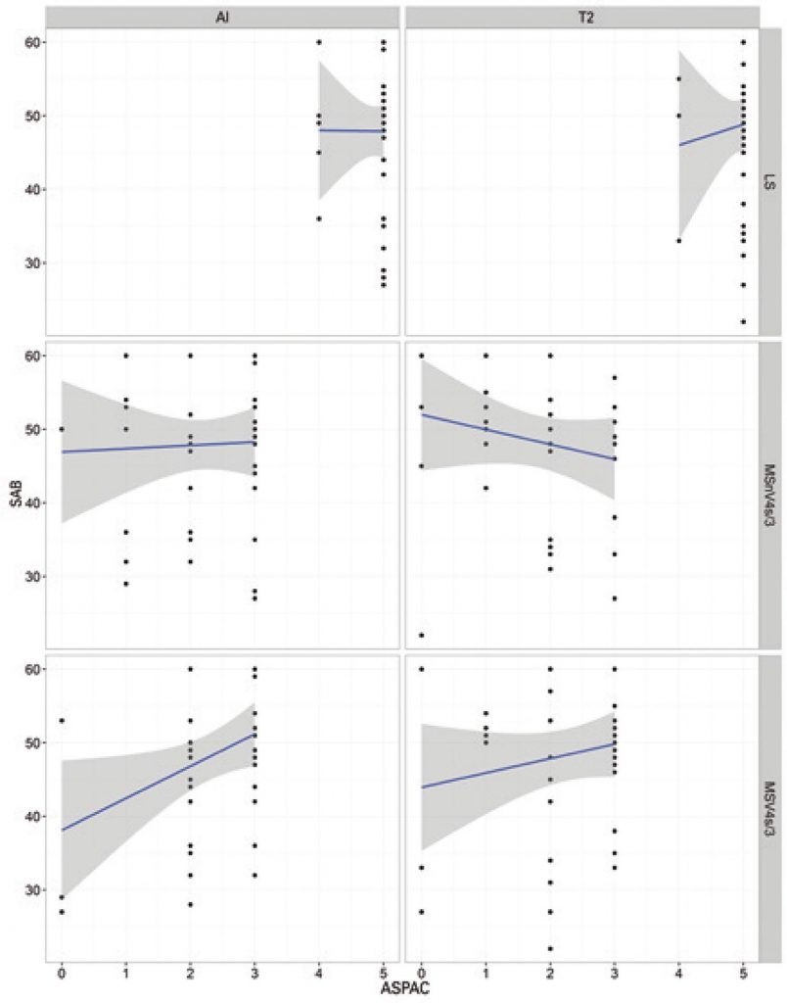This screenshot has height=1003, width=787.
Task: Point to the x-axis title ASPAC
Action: click(x=402, y=991)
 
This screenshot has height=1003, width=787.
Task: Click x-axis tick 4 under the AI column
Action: click(x=318, y=973)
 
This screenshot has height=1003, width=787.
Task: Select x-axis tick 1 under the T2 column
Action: click(x=486, y=973)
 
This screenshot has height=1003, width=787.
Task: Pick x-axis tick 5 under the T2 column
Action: click(x=743, y=973)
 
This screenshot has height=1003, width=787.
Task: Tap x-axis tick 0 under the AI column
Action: click(x=61, y=973)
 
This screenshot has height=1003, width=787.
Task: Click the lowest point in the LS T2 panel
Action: click(x=743, y=321)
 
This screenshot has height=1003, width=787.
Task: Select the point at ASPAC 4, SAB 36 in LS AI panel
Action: click(x=318, y=218)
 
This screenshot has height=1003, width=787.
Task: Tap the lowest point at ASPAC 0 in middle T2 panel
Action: click(x=421, y=635)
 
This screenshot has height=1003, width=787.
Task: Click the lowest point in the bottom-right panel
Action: click(x=550, y=948)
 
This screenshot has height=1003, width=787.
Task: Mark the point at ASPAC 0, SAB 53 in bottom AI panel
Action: click(x=61, y=721)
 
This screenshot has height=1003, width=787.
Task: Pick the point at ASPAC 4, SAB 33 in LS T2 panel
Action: click(x=678, y=240)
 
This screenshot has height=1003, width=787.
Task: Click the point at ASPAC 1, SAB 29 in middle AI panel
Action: click(x=125, y=583)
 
